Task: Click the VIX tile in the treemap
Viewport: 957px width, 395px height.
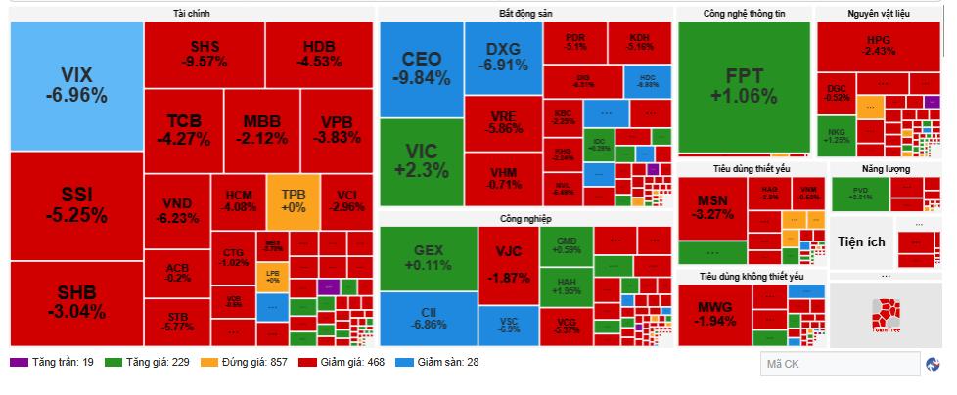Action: (76, 86)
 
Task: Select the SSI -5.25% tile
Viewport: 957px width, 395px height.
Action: (76, 205)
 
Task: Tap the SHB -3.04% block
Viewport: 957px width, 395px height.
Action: (76, 302)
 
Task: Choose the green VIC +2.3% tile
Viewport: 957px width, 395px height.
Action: (421, 160)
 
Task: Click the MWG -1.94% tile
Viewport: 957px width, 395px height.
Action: (722, 314)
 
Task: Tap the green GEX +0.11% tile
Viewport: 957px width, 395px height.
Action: (428, 257)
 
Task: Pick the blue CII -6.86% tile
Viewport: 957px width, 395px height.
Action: (428, 316)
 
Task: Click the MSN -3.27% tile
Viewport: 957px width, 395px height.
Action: (710, 206)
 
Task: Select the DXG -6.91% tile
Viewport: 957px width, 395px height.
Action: (503, 58)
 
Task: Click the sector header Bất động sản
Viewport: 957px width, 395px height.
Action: (524, 13)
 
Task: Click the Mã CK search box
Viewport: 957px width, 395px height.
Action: (838, 364)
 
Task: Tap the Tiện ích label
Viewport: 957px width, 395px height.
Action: (866, 239)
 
